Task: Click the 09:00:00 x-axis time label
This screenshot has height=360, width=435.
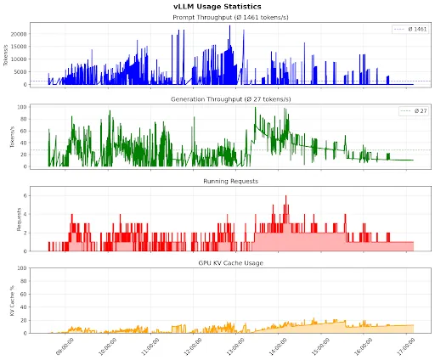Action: point(64,346)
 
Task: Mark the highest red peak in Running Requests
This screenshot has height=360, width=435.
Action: point(285,197)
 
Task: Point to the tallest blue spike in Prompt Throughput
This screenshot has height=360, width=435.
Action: point(229,26)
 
